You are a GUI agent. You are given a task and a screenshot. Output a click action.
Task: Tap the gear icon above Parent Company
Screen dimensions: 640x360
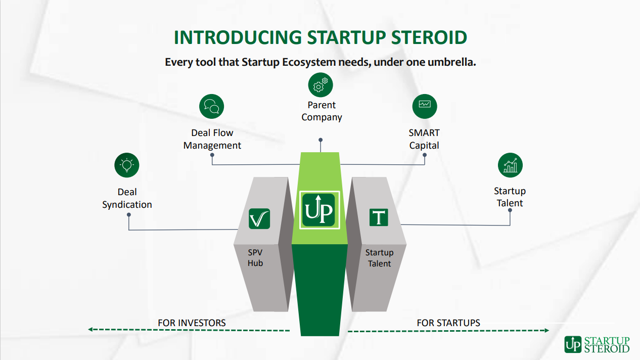321,85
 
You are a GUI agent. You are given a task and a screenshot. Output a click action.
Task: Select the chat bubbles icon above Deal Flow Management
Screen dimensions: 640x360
211,106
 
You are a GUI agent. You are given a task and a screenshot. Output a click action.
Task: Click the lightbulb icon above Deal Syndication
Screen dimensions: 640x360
127,165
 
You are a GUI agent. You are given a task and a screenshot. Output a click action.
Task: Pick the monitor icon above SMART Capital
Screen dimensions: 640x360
425,106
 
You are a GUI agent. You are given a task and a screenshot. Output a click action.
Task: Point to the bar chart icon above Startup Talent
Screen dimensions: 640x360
510,165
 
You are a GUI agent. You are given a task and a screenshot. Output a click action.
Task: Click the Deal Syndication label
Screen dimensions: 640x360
127,198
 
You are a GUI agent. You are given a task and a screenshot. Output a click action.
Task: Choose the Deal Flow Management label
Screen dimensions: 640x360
212,139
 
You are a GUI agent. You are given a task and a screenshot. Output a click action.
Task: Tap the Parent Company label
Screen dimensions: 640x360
322,111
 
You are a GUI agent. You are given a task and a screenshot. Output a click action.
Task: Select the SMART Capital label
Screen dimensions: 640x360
424,139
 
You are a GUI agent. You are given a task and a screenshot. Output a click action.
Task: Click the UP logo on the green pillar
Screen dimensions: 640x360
319,210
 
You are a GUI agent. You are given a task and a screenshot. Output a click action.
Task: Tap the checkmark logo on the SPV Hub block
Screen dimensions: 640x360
259,218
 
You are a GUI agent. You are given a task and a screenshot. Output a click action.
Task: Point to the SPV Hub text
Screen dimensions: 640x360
255,258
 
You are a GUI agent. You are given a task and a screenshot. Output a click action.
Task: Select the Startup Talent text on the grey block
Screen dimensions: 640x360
379,258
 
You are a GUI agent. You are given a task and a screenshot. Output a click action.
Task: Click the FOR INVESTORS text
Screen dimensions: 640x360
192,323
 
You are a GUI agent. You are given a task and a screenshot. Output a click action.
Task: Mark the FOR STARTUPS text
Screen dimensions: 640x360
448,323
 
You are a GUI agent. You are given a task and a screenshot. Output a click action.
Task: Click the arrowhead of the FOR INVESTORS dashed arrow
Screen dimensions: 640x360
90,329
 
